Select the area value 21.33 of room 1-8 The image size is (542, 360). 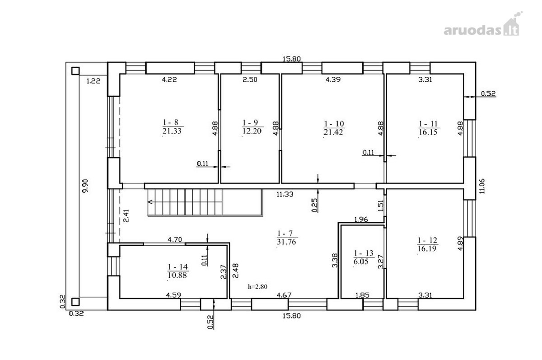172,131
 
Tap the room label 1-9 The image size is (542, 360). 250,123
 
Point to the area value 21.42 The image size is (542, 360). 333,132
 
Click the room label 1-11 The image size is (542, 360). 428,124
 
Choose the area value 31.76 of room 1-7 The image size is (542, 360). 286,242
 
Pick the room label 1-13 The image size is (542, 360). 364,253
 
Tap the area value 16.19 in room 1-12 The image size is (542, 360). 427,248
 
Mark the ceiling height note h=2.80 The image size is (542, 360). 257,287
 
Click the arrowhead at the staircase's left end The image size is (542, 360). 150,201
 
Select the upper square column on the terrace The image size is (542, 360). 75,71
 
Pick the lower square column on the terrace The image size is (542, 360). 75,302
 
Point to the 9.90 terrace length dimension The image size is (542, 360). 85,186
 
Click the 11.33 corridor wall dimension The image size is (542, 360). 285,194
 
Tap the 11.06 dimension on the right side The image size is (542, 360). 482,186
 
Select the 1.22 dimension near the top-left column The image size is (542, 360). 93,81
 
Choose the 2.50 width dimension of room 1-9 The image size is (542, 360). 250,79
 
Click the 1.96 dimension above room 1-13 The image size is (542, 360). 361,220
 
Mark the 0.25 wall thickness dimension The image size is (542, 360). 314,206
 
